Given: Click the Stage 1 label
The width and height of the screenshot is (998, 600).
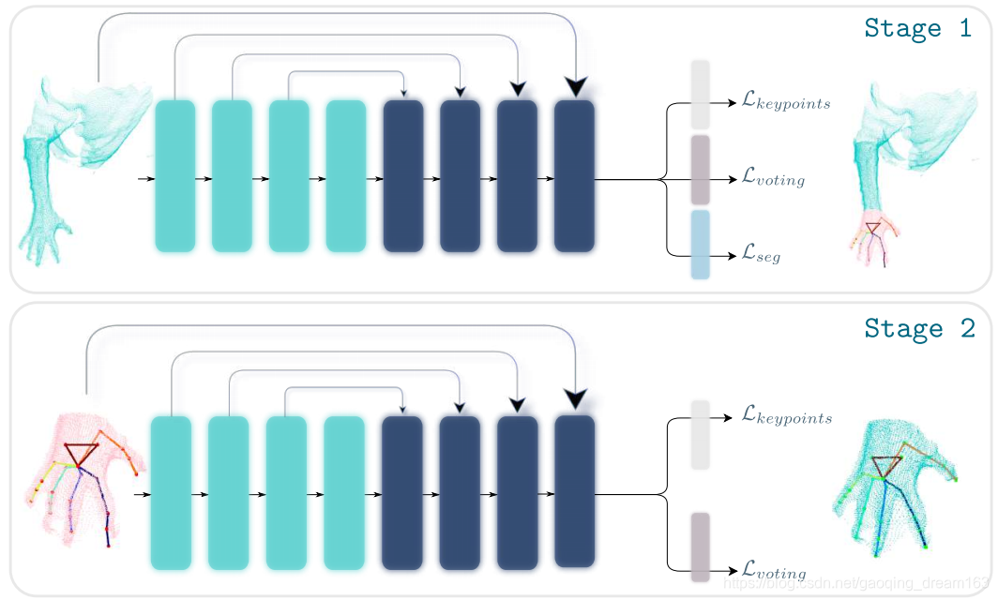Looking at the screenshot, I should (918, 28).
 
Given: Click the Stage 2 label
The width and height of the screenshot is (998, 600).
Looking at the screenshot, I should (919, 328).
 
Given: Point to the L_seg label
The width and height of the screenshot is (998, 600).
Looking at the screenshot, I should (761, 255).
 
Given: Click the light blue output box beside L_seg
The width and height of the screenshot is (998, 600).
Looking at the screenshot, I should (700, 245).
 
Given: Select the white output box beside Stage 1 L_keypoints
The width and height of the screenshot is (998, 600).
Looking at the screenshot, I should (700, 94).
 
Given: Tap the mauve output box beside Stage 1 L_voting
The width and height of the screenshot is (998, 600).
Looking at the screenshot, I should (700, 170).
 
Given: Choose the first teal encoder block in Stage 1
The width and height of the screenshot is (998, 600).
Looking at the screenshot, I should (174, 176).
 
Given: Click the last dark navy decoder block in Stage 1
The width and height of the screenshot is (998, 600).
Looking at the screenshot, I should (574, 176).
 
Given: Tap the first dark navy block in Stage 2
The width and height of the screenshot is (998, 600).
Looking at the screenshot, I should (401, 493).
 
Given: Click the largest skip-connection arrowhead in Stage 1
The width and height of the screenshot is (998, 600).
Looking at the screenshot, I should (574, 87).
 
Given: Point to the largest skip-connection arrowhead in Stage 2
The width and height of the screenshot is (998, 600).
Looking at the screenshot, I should (574, 400).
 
